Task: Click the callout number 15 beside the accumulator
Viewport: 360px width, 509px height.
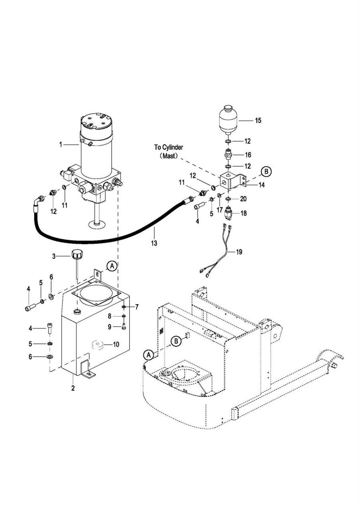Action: click(258, 120)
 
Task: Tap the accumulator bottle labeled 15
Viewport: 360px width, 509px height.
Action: click(228, 120)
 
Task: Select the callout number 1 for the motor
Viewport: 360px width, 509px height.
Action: click(61, 144)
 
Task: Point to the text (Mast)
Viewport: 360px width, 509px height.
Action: click(169, 156)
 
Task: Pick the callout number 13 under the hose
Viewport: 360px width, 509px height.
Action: click(154, 243)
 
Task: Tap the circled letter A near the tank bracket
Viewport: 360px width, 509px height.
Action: click(112, 267)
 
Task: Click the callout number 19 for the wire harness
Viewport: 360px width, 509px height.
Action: click(239, 252)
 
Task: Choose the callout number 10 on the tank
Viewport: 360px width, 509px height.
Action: click(116, 345)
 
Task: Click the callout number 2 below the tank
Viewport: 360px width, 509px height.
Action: click(73, 388)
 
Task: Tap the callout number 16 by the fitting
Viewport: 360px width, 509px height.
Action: click(248, 155)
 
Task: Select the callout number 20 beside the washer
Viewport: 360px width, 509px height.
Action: click(243, 199)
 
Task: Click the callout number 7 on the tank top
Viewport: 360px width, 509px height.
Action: click(137, 307)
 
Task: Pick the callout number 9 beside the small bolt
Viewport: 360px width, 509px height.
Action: click(110, 327)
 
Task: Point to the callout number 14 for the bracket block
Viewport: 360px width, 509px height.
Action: click(262, 185)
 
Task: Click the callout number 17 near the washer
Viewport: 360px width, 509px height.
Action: click(220, 210)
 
